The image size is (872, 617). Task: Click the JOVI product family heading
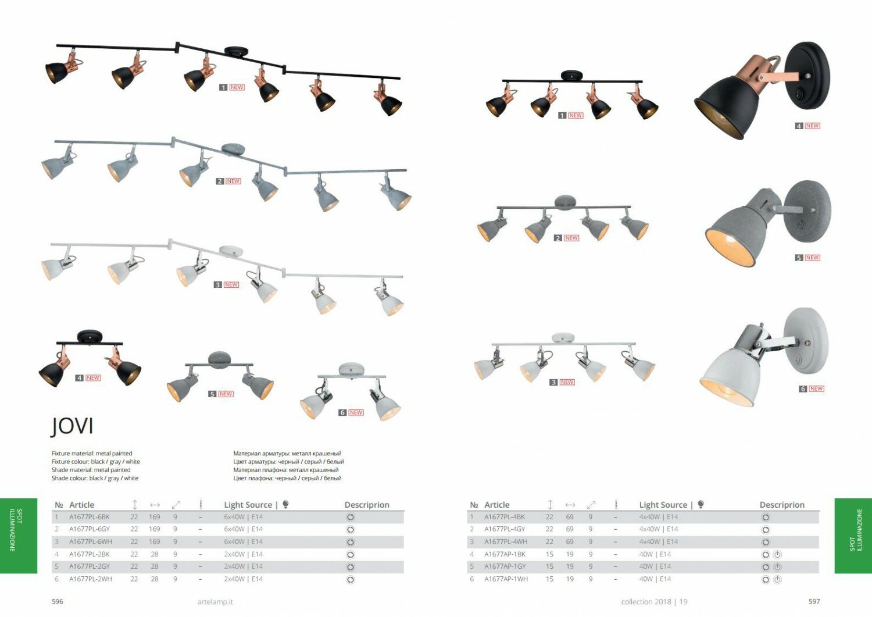click(72, 426)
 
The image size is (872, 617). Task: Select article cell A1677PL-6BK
click(90, 517)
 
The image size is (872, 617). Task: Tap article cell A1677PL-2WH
click(91, 579)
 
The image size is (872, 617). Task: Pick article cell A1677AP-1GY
click(505, 566)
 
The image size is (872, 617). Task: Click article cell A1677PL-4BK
click(505, 517)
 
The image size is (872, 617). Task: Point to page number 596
click(58, 601)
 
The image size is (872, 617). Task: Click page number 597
click(814, 601)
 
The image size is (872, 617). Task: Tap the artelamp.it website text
click(215, 602)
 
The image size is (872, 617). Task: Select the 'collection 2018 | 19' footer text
click(654, 602)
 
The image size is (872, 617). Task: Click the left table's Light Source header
click(248, 505)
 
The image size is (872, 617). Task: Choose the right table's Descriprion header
click(782, 505)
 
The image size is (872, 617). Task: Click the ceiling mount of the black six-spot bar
click(235, 52)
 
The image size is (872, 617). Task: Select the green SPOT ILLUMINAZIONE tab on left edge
click(18, 536)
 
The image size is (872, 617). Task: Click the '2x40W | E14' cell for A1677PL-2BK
click(243, 554)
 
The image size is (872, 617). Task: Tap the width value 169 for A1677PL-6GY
click(155, 529)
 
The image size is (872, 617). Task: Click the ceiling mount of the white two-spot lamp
click(351, 369)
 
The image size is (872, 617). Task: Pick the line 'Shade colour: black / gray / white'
click(95, 478)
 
